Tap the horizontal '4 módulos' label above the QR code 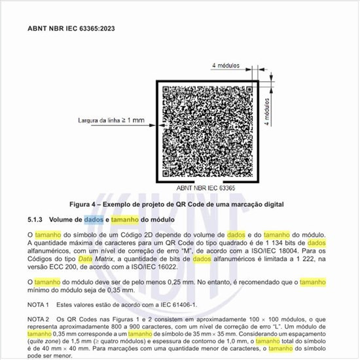(x=228, y=65)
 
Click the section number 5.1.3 (x=35, y=220)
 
